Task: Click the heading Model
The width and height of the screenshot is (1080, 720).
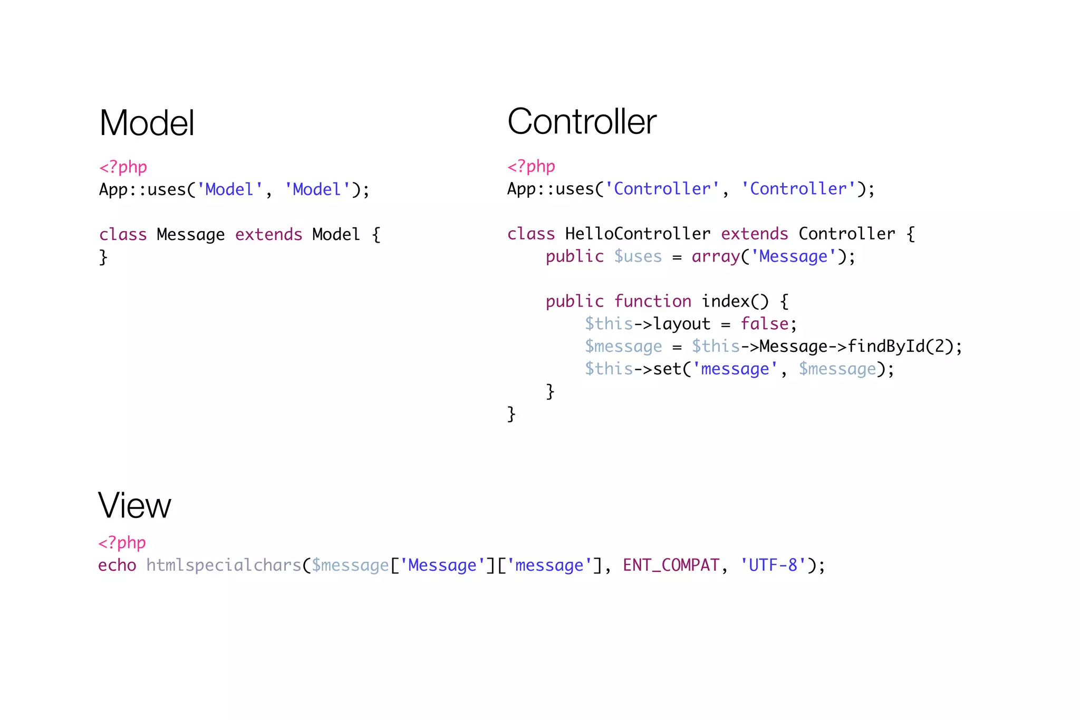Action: (x=147, y=123)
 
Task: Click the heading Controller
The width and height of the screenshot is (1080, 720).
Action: (x=582, y=121)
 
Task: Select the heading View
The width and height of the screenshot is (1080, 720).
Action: (x=134, y=505)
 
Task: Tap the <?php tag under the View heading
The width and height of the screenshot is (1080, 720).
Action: (x=122, y=542)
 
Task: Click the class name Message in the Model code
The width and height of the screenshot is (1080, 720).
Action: (x=190, y=234)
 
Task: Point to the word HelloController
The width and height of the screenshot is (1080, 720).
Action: (x=638, y=234)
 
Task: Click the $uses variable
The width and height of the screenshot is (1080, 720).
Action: (x=638, y=256)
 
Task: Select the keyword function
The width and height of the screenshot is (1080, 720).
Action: (x=652, y=301)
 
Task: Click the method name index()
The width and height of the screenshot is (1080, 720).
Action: (x=735, y=301)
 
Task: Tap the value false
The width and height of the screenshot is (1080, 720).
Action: (x=765, y=323)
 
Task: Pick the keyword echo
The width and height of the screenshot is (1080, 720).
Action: (x=117, y=565)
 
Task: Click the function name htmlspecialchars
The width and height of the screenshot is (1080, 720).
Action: (x=224, y=565)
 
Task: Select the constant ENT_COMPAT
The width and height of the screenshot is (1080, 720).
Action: (x=671, y=565)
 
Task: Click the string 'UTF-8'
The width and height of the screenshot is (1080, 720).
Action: (x=773, y=565)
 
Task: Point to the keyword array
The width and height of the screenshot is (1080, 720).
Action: (x=716, y=256)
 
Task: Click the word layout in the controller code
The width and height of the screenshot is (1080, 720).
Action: (x=682, y=323)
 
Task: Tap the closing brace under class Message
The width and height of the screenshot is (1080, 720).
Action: (x=103, y=257)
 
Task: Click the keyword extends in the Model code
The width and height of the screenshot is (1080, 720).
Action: (x=268, y=234)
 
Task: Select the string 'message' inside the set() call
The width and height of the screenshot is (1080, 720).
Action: (x=735, y=369)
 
